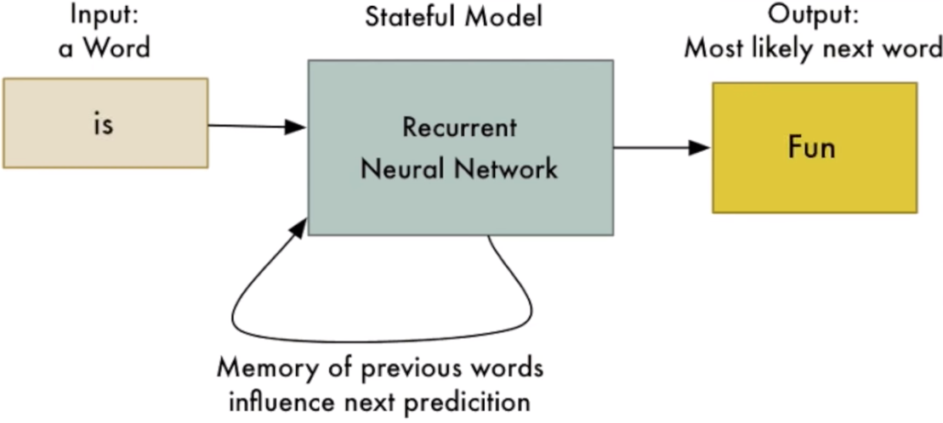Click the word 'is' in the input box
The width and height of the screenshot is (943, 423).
(104, 124)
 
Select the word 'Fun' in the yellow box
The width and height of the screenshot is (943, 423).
(812, 148)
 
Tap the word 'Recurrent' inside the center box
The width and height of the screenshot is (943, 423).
(459, 128)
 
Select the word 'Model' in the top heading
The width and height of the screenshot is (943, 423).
(505, 16)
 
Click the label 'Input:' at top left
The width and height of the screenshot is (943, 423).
(104, 16)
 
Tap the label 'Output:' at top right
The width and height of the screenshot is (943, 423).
(812, 16)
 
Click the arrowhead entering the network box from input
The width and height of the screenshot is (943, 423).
(297, 127)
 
